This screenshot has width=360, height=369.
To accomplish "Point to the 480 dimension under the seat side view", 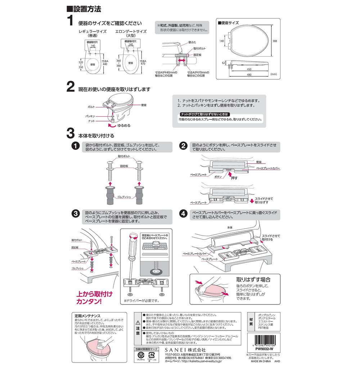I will (249, 75).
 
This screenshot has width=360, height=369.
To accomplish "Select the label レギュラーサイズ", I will (93, 31).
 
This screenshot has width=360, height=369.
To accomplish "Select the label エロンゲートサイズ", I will (131, 31).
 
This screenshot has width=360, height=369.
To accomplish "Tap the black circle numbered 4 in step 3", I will (184, 213).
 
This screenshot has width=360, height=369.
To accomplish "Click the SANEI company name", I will (185, 350).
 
